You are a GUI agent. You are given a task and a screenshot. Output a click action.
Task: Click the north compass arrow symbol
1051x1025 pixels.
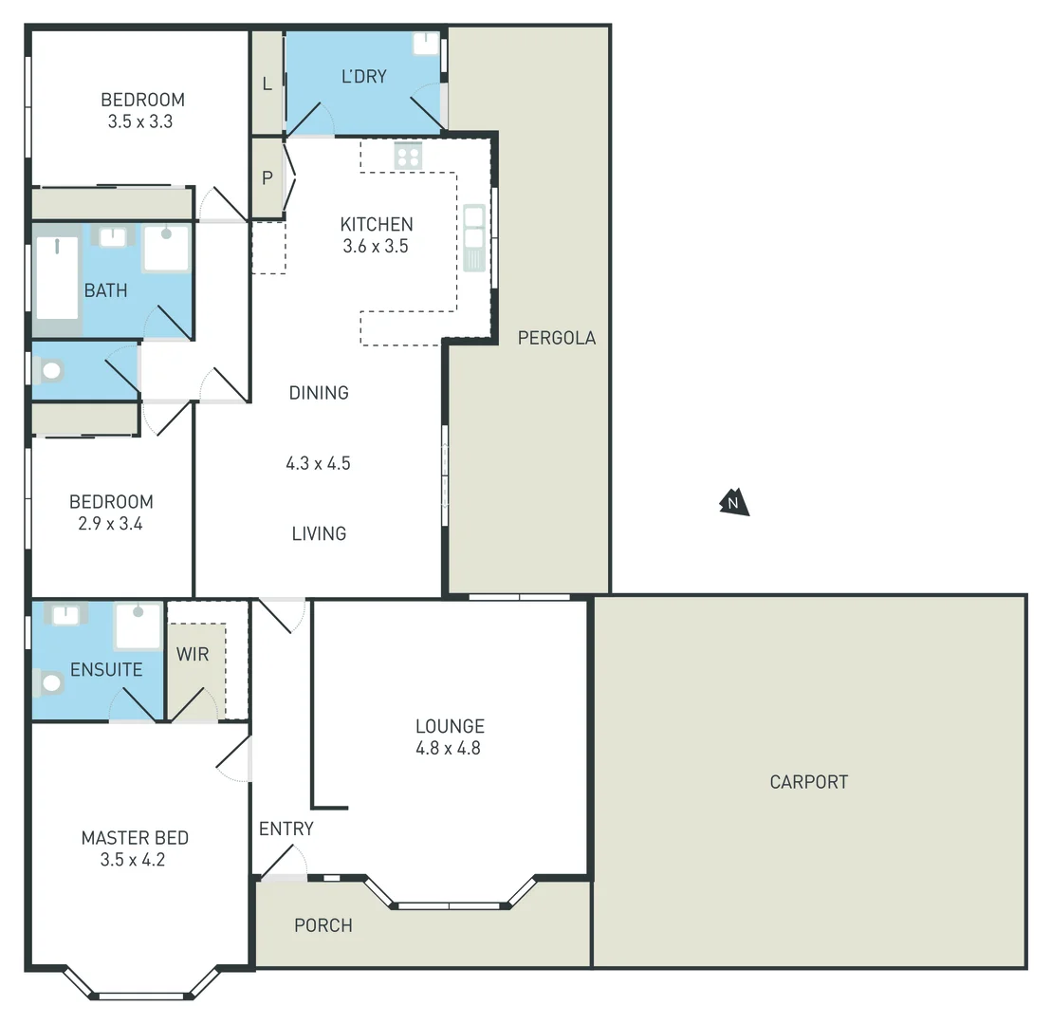point(733,502)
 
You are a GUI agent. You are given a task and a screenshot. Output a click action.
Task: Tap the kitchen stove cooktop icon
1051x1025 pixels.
point(408,155)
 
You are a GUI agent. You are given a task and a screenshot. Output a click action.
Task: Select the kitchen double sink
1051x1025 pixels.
point(473,237)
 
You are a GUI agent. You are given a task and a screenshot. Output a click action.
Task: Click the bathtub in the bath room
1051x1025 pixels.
point(57,278)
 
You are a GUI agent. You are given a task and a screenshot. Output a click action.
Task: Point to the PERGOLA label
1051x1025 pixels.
point(557,338)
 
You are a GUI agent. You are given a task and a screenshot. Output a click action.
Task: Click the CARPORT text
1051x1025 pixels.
point(808,782)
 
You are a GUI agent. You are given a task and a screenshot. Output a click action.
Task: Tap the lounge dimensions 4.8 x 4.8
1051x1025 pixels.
point(450,748)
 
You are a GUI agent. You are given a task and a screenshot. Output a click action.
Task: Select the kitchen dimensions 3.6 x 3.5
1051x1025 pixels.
point(377,246)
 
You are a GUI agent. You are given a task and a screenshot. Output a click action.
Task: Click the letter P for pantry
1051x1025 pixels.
point(267,177)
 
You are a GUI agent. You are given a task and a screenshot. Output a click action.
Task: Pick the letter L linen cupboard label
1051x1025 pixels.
point(267,84)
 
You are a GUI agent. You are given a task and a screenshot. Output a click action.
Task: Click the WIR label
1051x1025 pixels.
point(193,655)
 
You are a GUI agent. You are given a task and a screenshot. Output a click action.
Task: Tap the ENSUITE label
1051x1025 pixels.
point(106,670)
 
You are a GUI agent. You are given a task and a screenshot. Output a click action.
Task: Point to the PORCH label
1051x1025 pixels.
point(323,925)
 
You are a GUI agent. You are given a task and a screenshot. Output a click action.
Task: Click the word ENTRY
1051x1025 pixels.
point(286,829)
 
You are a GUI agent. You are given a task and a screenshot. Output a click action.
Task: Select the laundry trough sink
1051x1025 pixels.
point(426,44)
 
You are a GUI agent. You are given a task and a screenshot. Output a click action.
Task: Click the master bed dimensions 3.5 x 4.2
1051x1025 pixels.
point(134,861)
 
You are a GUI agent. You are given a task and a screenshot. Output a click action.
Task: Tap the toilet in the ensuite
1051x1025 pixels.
point(47,681)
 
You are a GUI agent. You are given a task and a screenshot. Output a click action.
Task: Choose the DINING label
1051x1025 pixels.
point(319,393)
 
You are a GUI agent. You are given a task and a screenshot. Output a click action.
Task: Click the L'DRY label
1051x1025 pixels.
point(363,76)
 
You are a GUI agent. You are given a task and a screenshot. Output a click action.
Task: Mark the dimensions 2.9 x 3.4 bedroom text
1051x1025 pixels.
point(110,523)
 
